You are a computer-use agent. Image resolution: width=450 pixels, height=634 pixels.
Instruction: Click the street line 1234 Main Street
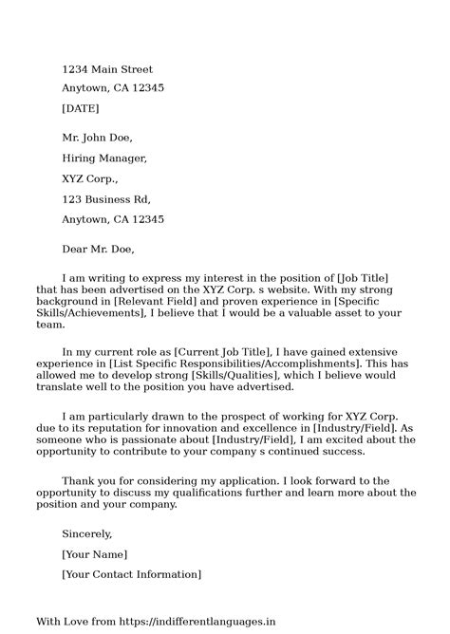point(106,69)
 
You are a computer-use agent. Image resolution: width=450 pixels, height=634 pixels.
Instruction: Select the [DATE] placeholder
point(81,108)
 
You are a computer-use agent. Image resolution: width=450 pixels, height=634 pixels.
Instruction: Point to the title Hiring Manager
point(104,158)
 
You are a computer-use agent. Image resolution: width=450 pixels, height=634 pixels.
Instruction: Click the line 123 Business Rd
point(106,199)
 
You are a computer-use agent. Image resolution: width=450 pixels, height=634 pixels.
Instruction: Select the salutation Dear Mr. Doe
point(99,251)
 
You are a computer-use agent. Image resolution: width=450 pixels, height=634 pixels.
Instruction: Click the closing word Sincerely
point(87,533)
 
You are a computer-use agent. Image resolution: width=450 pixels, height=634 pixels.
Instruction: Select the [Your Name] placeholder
point(94,554)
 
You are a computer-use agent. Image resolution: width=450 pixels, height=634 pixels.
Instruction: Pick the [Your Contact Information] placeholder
point(131,574)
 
